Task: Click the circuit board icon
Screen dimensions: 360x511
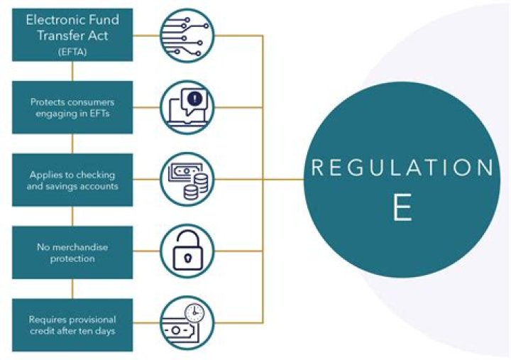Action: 187,36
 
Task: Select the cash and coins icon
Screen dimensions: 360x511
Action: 187,179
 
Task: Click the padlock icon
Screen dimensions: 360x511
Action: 187,251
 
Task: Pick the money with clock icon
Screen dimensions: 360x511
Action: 187,323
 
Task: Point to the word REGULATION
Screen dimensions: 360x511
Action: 402,168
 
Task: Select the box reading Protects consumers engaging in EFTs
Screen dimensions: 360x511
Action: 72,107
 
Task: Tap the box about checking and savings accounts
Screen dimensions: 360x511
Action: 72,180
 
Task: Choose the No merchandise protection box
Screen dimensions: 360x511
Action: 72,253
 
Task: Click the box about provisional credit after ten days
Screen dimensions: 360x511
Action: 72,324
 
